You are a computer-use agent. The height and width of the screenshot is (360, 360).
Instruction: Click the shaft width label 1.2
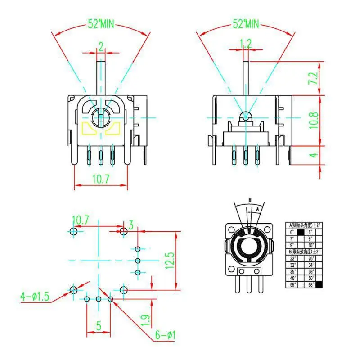click(246, 44)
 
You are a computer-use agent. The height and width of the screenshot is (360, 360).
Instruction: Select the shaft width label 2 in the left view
click(101, 45)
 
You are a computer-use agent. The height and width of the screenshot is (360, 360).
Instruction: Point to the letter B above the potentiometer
click(250, 200)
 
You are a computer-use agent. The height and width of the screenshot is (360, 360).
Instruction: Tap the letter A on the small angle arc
click(257, 208)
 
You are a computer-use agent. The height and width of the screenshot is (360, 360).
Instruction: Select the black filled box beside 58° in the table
click(319, 285)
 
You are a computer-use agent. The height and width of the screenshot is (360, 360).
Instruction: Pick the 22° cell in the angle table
click(292, 258)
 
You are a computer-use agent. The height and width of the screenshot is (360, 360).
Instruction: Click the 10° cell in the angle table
click(310, 245)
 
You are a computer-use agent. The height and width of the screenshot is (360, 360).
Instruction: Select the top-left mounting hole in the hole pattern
click(74, 231)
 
